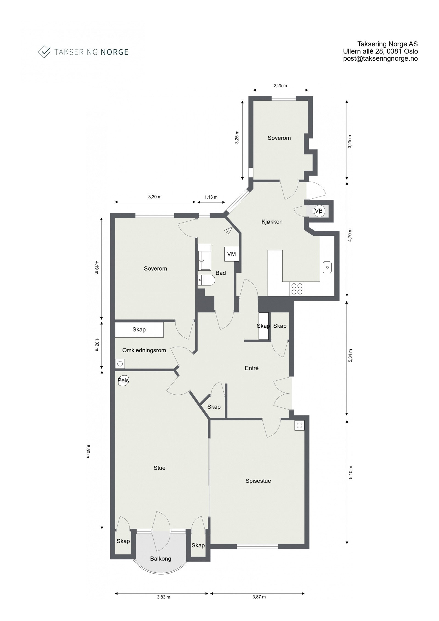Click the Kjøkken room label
click(272, 222)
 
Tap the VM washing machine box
click(231, 254)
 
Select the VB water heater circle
click(319, 211)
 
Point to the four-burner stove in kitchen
click(297, 289)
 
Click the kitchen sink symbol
click(327, 267)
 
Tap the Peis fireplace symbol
click(123, 381)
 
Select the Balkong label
click(161, 558)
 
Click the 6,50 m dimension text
click(88, 451)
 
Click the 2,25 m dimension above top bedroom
click(280, 86)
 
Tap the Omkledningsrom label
click(144, 350)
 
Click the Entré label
click(252, 368)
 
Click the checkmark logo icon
click(44, 52)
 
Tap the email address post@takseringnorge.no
click(380, 58)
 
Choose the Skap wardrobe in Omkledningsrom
click(139, 330)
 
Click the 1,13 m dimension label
click(211, 197)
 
